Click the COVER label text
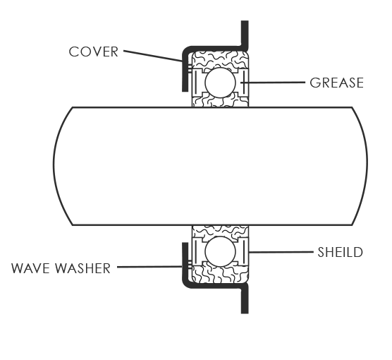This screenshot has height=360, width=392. pyautogui.click(x=93, y=52)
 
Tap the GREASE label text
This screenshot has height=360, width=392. pyautogui.click(x=336, y=83)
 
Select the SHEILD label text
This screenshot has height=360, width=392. pyautogui.click(x=340, y=252)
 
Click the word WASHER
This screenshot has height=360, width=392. pyautogui.click(x=82, y=268)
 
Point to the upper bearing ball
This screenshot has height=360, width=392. pyautogui.click(x=220, y=83)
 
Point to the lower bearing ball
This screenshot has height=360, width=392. pyautogui.click(x=220, y=251)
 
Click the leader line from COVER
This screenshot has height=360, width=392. pyautogui.click(x=153, y=56)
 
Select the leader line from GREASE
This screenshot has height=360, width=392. pyautogui.click(x=273, y=82)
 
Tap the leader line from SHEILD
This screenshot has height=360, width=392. pyautogui.click(x=281, y=252)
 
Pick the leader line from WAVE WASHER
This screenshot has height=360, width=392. pyautogui.click(x=149, y=267)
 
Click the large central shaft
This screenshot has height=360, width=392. pyautogui.click(x=210, y=166)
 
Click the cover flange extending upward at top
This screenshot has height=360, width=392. pyautogui.click(x=245, y=34)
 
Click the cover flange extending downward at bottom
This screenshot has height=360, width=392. pyautogui.click(x=245, y=299)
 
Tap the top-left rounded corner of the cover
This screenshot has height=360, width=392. pyautogui.click(x=185, y=50)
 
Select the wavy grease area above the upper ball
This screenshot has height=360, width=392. pyautogui.click(x=220, y=59)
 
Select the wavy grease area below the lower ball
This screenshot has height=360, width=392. pyautogui.click(x=220, y=275)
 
